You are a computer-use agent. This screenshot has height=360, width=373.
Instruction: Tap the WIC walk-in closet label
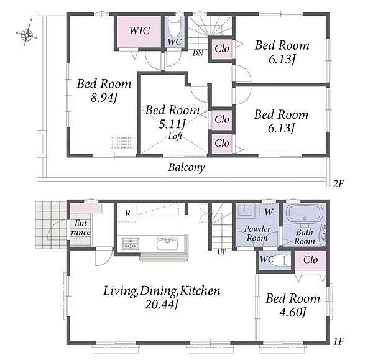point(140,30)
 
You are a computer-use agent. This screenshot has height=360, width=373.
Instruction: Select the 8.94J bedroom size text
point(104,98)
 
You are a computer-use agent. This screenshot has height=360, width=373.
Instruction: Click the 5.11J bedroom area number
point(172,124)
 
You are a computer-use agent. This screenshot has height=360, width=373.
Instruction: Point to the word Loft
point(175,136)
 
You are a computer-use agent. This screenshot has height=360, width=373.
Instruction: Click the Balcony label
point(186,167)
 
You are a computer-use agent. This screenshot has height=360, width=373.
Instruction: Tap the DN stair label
point(198,53)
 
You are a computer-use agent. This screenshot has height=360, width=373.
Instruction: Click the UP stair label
point(222,252)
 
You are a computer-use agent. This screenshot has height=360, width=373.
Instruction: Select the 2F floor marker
point(338,183)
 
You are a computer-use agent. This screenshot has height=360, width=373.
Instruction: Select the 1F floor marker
point(338,342)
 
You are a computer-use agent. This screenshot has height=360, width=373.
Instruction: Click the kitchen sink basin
point(167,243)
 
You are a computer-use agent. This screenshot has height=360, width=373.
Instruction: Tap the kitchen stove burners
point(130,243)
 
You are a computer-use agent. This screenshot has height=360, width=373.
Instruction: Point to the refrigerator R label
point(127,213)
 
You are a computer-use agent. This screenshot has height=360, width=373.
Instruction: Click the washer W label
point(269,211)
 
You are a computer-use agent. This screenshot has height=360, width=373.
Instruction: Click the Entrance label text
point(81,228)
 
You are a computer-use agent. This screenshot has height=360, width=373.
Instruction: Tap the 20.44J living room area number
point(161,305)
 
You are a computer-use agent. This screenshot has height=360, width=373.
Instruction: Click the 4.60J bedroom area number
point(292,312)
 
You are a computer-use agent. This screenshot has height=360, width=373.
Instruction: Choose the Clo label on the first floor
point(310,260)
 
